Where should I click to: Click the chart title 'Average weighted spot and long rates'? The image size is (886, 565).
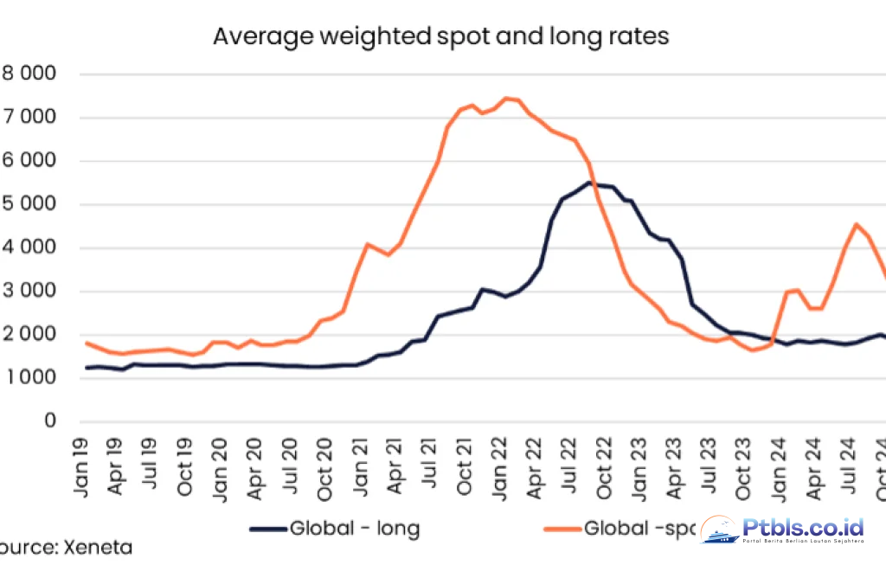click(x=441, y=37)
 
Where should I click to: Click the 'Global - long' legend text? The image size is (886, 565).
click(x=355, y=528)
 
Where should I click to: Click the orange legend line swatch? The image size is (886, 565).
click(x=561, y=528)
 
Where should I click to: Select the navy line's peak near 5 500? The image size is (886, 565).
click(x=589, y=183)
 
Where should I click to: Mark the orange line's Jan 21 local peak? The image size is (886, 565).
click(x=367, y=244)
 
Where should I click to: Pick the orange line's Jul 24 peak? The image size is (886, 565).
click(x=856, y=224)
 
